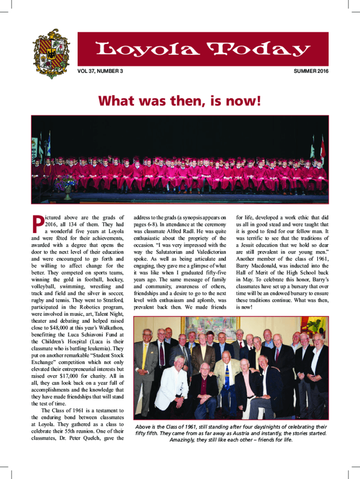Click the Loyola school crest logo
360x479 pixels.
tap(52, 53)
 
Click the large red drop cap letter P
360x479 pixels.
tap(36, 225)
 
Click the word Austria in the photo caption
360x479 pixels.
tap(234, 433)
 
